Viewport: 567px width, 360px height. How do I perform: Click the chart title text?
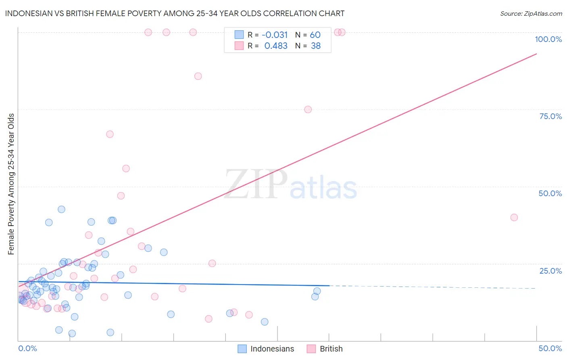(x=175, y=13)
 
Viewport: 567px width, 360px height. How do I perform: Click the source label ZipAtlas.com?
(x=531, y=14)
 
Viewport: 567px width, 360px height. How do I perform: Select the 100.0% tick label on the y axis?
(x=548, y=39)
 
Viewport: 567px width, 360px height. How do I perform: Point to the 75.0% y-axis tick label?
(x=550, y=116)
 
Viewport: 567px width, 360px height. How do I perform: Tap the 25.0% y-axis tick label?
(x=550, y=271)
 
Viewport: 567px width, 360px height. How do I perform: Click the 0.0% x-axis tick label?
(x=27, y=348)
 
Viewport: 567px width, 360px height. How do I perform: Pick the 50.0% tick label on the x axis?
(x=550, y=348)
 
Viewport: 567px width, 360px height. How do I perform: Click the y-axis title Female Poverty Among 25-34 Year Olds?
(x=11, y=184)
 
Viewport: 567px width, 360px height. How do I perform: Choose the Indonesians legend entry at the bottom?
(x=266, y=349)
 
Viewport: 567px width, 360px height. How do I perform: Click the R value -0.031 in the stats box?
(x=275, y=35)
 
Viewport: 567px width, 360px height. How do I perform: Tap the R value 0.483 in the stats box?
(x=276, y=46)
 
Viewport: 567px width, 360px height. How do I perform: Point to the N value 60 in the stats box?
(x=315, y=35)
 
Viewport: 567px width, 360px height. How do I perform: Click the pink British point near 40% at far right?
(x=514, y=218)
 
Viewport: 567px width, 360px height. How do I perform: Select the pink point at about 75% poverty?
(x=308, y=109)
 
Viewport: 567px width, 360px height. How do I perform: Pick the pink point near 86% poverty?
(x=198, y=76)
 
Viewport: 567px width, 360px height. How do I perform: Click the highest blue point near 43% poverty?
(x=61, y=209)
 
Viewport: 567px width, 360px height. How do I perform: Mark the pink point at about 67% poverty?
(x=110, y=134)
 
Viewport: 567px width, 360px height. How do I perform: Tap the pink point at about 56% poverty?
(x=126, y=169)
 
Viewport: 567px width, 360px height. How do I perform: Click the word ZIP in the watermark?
(x=256, y=184)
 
